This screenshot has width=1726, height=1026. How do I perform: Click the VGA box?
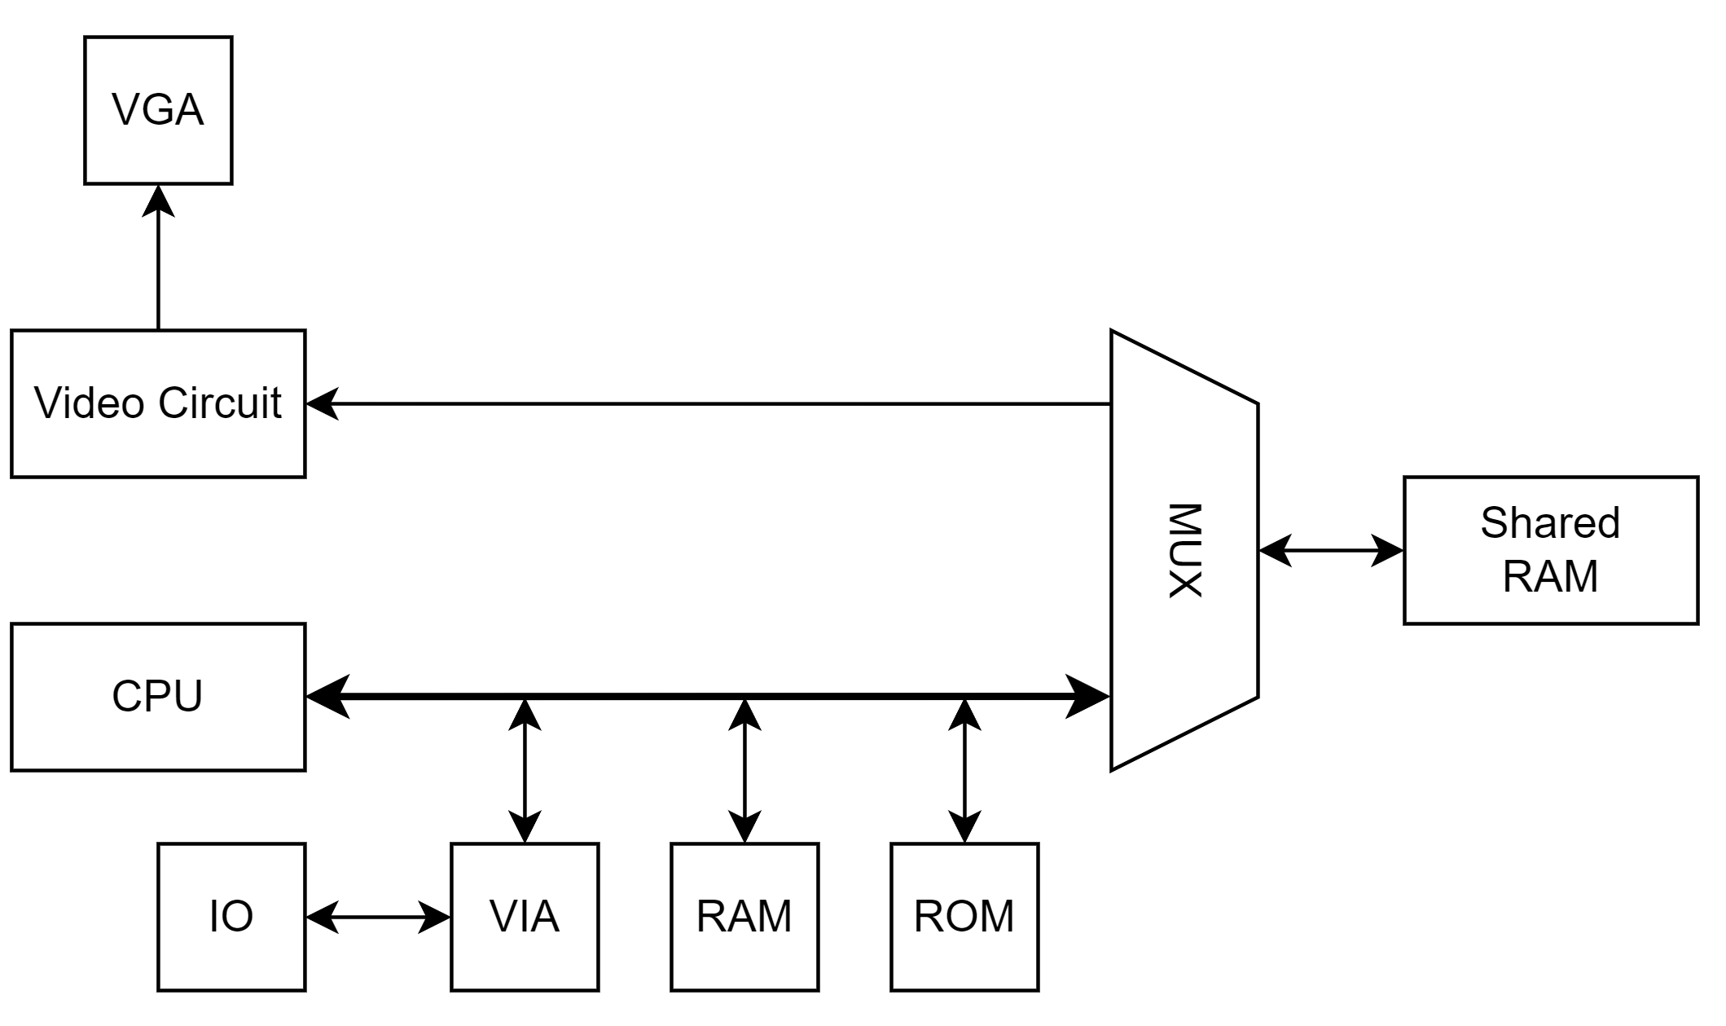[158, 110]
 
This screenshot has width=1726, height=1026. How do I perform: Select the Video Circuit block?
[158, 403]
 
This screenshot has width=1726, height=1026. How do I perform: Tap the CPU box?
[158, 697]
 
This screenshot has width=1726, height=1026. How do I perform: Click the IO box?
[231, 917]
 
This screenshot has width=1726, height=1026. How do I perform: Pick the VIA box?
[525, 917]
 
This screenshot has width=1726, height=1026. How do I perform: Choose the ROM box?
[964, 917]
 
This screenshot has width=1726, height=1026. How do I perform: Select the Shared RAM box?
[1551, 550]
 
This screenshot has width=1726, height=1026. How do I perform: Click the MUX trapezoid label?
[1185, 551]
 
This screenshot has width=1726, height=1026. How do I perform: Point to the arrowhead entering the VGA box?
[158, 200]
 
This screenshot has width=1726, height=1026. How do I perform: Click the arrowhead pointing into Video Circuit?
[322, 403]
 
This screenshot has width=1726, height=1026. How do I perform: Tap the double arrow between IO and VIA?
[378, 918]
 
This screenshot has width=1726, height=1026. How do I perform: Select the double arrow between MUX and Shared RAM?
[1331, 550]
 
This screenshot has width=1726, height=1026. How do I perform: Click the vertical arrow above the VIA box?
[525, 770]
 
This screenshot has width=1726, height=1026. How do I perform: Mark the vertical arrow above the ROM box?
[964, 770]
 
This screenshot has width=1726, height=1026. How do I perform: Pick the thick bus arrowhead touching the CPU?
[327, 697]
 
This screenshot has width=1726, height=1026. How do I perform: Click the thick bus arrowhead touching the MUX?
[1088, 697]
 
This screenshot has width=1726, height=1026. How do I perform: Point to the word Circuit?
[220, 403]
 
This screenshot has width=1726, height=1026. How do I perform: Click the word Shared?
[1550, 523]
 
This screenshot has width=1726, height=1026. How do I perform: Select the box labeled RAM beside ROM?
[744, 917]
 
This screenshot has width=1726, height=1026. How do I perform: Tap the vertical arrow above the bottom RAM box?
[744, 770]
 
